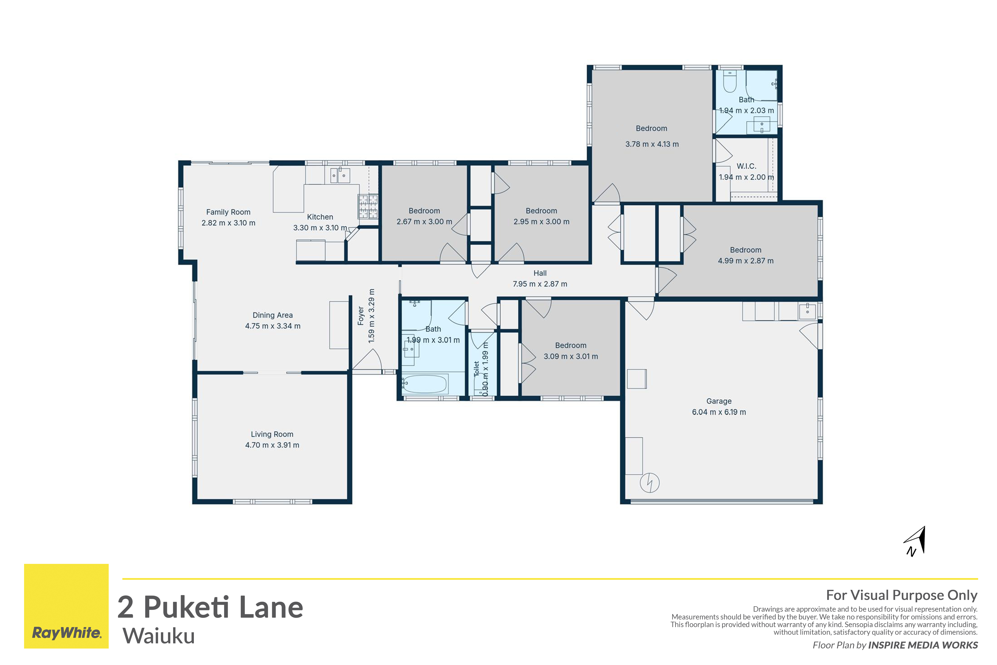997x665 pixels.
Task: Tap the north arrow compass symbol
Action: tap(916, 541)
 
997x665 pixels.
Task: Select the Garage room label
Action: tap(719, 401)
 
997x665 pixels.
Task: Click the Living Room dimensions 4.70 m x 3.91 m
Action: tap(272, 445)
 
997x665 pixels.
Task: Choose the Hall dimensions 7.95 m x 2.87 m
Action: tap(540, 284)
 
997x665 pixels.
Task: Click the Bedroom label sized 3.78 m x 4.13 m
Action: tap(652, 128)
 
